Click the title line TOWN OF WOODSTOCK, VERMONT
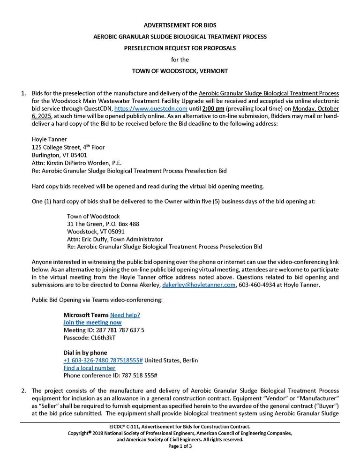click(x=180, y=71)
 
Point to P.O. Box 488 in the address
click(x=120, y=224)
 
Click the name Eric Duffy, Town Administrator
click(x=106, y=239)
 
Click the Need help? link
click(x=125, y=315)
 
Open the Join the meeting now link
click(x=92, y=323)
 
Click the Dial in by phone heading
click(x=85, y=353)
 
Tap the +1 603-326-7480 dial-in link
click(x=103, y=361)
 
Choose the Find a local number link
click(x=89, y=368)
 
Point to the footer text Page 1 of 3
click(x=180, y=446)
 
